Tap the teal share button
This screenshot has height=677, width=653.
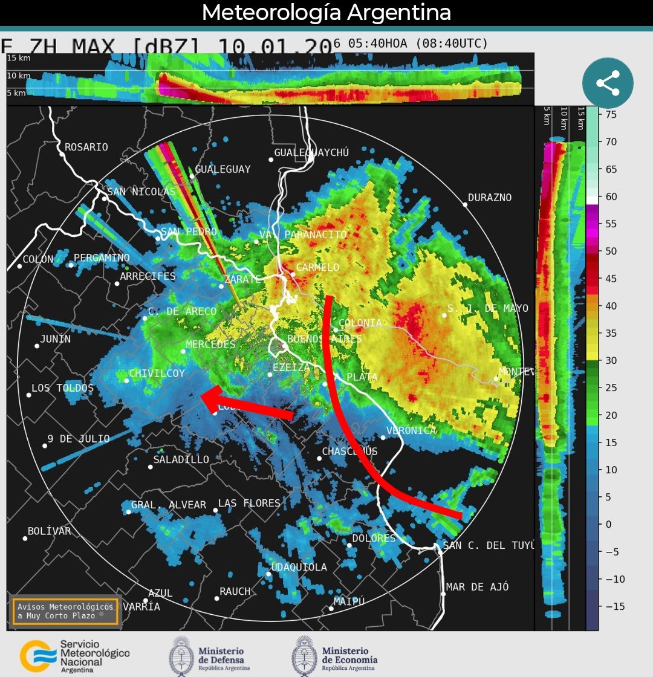608,83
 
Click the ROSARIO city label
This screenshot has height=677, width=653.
86,147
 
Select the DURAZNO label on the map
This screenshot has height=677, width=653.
490,198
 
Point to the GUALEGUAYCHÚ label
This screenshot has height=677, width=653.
311,153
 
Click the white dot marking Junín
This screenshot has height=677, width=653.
37,346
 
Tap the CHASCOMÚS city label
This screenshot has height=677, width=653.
349,452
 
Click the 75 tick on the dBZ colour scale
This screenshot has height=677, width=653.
611,114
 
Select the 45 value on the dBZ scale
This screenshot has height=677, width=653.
611,279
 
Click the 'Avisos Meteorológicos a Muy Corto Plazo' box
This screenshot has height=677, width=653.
65,611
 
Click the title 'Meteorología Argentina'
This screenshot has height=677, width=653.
326,12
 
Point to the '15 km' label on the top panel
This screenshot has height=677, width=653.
19,58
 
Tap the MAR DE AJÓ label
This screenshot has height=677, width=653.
477,587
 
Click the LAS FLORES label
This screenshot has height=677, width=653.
249,503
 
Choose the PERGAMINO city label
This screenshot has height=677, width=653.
102,258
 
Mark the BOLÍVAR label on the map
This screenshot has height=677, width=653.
50,531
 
